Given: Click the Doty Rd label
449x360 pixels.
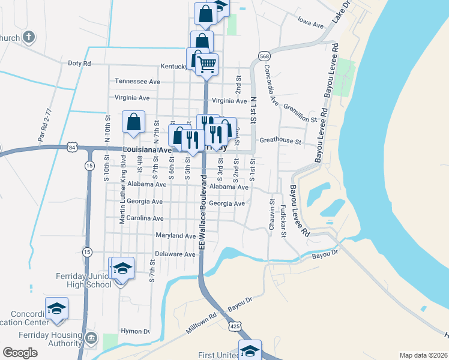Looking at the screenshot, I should click(x=79, y=63).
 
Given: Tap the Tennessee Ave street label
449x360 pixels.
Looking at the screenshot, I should click(x=137, y=81).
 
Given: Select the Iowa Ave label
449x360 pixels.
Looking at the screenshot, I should click(x=310, y=26).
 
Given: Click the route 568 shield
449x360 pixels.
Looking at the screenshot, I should click(x=264, y=56).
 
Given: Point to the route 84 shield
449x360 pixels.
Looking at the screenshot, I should click(x=72, y=147).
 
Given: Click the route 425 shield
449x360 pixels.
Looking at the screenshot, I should click(x=234, y=325).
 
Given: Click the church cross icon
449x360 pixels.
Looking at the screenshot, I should click(x=28, y=37).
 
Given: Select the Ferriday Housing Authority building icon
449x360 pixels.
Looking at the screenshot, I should click(x=91, y=339).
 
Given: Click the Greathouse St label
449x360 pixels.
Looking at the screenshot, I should click(x=280, y=141).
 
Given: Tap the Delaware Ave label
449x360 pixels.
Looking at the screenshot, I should click(x=175, y=254).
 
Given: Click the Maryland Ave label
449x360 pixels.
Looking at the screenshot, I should click(x=175, y=236).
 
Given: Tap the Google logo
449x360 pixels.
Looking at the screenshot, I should click(x=20, y=353).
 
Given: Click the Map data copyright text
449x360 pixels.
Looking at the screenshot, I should click(x=423, y=355).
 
